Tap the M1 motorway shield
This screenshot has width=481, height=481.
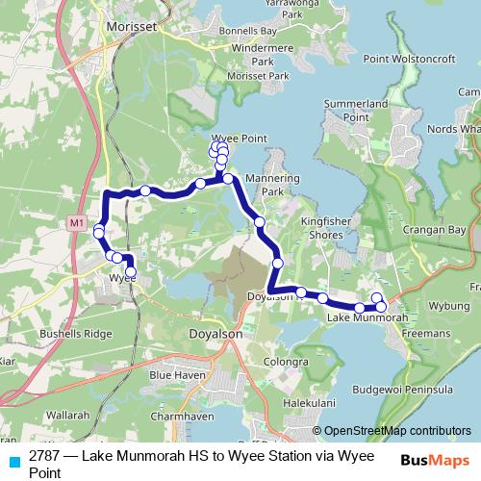[77, 223]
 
